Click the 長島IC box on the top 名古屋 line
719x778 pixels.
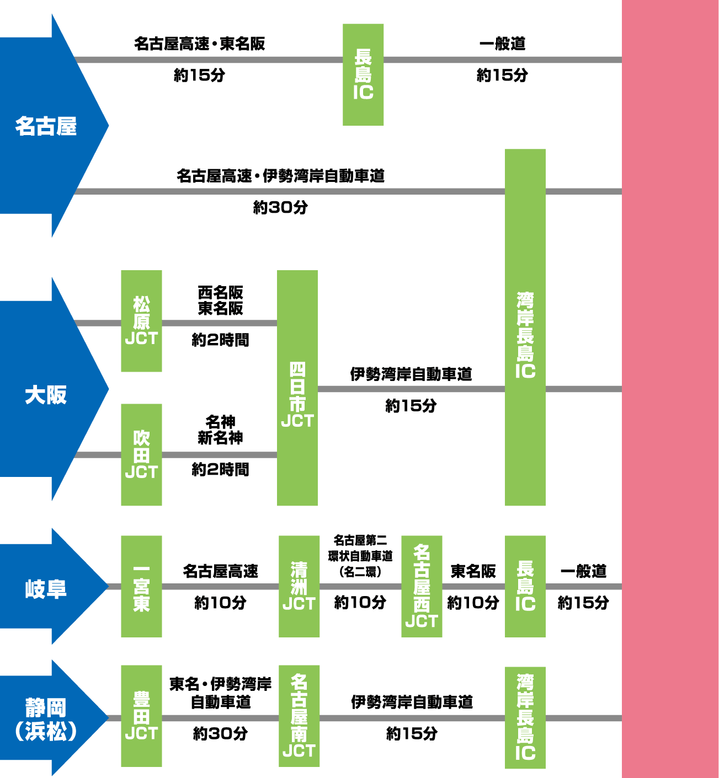363,74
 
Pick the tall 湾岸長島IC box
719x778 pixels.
525,327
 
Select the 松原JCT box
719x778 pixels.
141,321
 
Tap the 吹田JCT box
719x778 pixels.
141,454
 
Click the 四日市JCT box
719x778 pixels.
297,388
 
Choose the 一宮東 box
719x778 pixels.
141,586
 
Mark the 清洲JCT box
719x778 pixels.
299,586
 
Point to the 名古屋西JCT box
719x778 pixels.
421,586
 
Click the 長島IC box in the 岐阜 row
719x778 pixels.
525,586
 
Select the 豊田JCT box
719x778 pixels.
141,716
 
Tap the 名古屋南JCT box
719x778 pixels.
299,716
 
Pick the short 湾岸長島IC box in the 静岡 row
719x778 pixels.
525,717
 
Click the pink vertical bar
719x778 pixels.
670,389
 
